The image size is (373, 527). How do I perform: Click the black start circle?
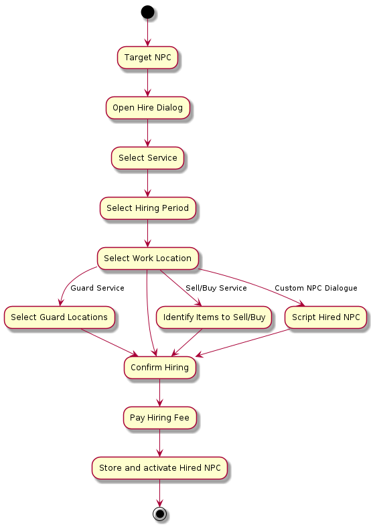click(x=147, y=12)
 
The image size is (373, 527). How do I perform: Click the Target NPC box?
click(x=147, y=58)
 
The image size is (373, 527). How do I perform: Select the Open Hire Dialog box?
click(x=147, y=108)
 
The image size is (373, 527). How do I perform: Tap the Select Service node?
click(x=147, y=158)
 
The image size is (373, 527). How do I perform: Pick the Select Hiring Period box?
click(x=147, y=208)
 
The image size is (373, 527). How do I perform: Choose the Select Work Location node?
click(x=147, y=258)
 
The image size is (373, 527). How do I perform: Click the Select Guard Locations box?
click(x=59, y=317)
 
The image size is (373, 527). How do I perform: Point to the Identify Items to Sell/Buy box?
click(x=214, y=317)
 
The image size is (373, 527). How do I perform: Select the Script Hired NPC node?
click(x=325, y=317)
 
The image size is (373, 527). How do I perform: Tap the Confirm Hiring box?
click(x=159, y=368)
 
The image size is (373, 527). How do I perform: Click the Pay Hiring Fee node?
click(x=159, y=418)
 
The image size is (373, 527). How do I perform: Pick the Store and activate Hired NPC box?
click(x=159, y=468)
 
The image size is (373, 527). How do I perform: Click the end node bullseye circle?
click(x=159, y=514)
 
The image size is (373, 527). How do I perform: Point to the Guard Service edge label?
click(x=98, y=288)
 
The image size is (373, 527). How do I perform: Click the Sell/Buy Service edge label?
click(x=216, y=288)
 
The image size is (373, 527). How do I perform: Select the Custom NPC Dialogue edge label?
click(x=316, y=288)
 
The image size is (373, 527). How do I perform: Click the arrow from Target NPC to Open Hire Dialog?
click(x=147, y=82)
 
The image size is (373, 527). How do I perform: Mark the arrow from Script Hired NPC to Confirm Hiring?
click(x=242, y=342)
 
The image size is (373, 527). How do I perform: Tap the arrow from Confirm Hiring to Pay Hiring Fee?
click(x=159, y=392)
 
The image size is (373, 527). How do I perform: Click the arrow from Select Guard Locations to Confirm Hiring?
click(x=110, y=342)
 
